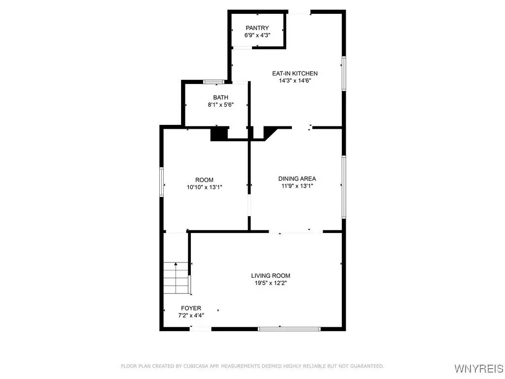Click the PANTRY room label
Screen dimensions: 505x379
(257, 28)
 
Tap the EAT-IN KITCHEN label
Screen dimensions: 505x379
(295, 74)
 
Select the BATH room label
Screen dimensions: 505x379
(220, 97)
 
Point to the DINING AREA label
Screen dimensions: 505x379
(297, 179)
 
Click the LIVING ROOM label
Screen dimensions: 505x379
(271, 275)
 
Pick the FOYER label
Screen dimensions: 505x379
(191, 308)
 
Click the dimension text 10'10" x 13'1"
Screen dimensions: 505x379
(205, 187)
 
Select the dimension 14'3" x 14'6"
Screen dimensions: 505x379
(295, 80)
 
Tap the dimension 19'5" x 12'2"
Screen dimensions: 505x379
(271, 283)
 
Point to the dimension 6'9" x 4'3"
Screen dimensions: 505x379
(257, 35)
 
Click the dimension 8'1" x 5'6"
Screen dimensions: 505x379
(220, 105)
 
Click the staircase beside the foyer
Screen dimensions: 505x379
(176, 278)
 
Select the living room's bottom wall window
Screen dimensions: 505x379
(289, 329)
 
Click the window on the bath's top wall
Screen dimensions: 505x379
(214, 81)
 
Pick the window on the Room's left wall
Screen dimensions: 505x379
(162, 182)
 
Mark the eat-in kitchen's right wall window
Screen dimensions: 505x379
(344, 74)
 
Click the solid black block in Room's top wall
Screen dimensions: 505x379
(219, 134)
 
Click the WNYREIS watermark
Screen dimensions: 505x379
(479, 368)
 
